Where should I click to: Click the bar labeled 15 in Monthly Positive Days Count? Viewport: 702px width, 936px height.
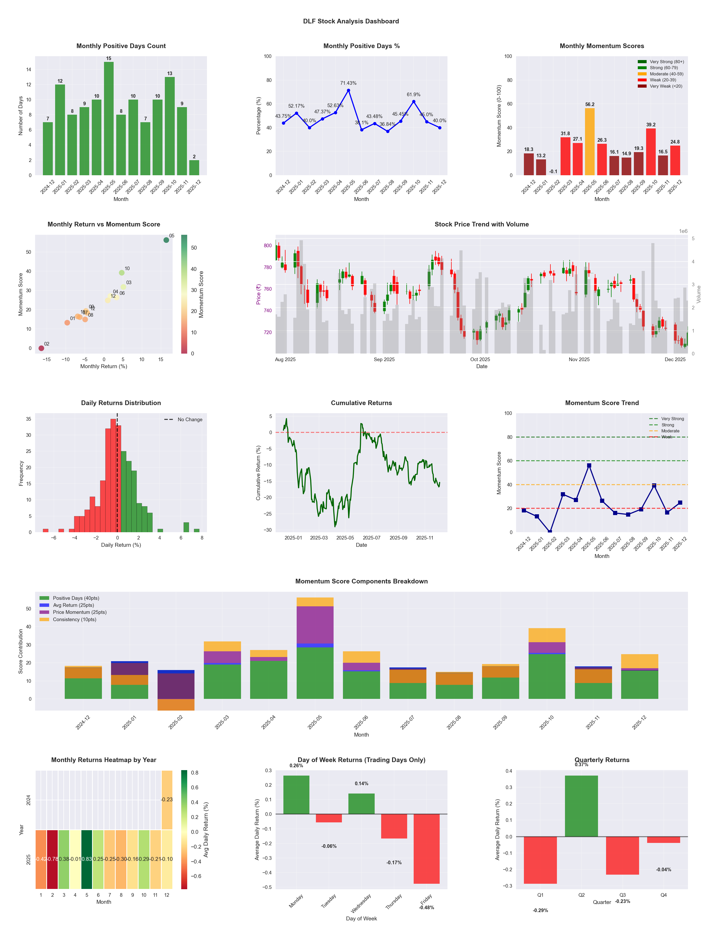(109, 119)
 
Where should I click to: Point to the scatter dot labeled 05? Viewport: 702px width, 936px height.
(166, 240)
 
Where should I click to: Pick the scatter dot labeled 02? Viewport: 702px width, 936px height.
(41, 348)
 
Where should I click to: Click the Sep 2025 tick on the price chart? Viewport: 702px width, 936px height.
(384, 360)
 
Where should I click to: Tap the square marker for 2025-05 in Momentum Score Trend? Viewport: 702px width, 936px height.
(589, 465)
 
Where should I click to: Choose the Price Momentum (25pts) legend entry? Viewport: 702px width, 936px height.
(79, 612)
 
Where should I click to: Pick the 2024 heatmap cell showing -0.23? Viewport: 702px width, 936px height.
(167, 800)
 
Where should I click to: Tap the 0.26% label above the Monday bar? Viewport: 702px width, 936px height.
(296, 765)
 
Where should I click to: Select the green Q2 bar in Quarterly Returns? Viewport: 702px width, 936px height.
(581, 806)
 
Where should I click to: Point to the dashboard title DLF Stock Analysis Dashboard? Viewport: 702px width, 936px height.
(351, 21)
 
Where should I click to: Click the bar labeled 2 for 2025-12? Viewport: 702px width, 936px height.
(194, 167)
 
